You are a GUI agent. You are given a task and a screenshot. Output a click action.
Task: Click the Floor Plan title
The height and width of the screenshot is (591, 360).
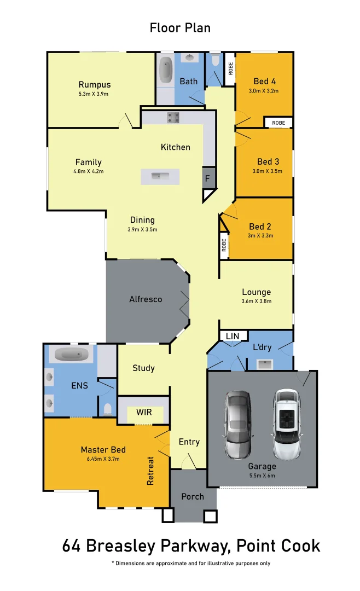pyautogui.click(x=180, y=28)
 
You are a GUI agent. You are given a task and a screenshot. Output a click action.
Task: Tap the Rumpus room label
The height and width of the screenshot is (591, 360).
pyautogui.click(x=94, y=85)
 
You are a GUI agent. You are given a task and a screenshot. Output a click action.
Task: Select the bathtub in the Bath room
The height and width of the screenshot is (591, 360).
pyautogui.click(x=165, y=71)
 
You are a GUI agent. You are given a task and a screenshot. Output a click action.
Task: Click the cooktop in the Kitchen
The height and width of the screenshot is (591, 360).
pyautogui.click(x=173, y=117)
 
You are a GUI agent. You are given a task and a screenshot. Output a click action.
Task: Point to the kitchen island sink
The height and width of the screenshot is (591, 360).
pyautogui.click(x=160, y=176)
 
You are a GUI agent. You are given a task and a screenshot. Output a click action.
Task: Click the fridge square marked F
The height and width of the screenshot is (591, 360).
pyautogui.click(x=207, y=178)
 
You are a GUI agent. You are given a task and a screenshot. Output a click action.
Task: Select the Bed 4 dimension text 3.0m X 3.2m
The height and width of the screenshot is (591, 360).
pyautogui.click(x=264, y=91)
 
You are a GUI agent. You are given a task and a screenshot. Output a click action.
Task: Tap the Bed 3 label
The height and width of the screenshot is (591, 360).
pyautogui.click(x=268, y=161)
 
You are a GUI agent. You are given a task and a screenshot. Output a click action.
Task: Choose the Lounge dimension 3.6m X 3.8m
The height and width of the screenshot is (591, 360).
pyautogui.click(x=256, y=301)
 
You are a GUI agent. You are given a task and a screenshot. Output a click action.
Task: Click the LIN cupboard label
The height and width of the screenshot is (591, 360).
pyautogui.click(x=232, y=336)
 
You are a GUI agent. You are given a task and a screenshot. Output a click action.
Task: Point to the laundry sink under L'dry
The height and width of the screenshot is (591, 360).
pyautogui.click(x=265, y=363)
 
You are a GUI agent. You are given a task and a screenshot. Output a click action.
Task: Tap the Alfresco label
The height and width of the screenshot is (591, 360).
pyautogui.click(x=146, y=299)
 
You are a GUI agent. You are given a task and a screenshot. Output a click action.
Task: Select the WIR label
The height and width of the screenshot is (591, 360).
pyautogui.click(x=144, y=412)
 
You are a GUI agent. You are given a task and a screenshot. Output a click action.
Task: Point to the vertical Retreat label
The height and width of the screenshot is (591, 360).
pyautogui.click(x=151, y=471)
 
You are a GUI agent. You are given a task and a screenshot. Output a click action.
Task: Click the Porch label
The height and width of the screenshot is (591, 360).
pyautogui.click(x=192, y=497)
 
